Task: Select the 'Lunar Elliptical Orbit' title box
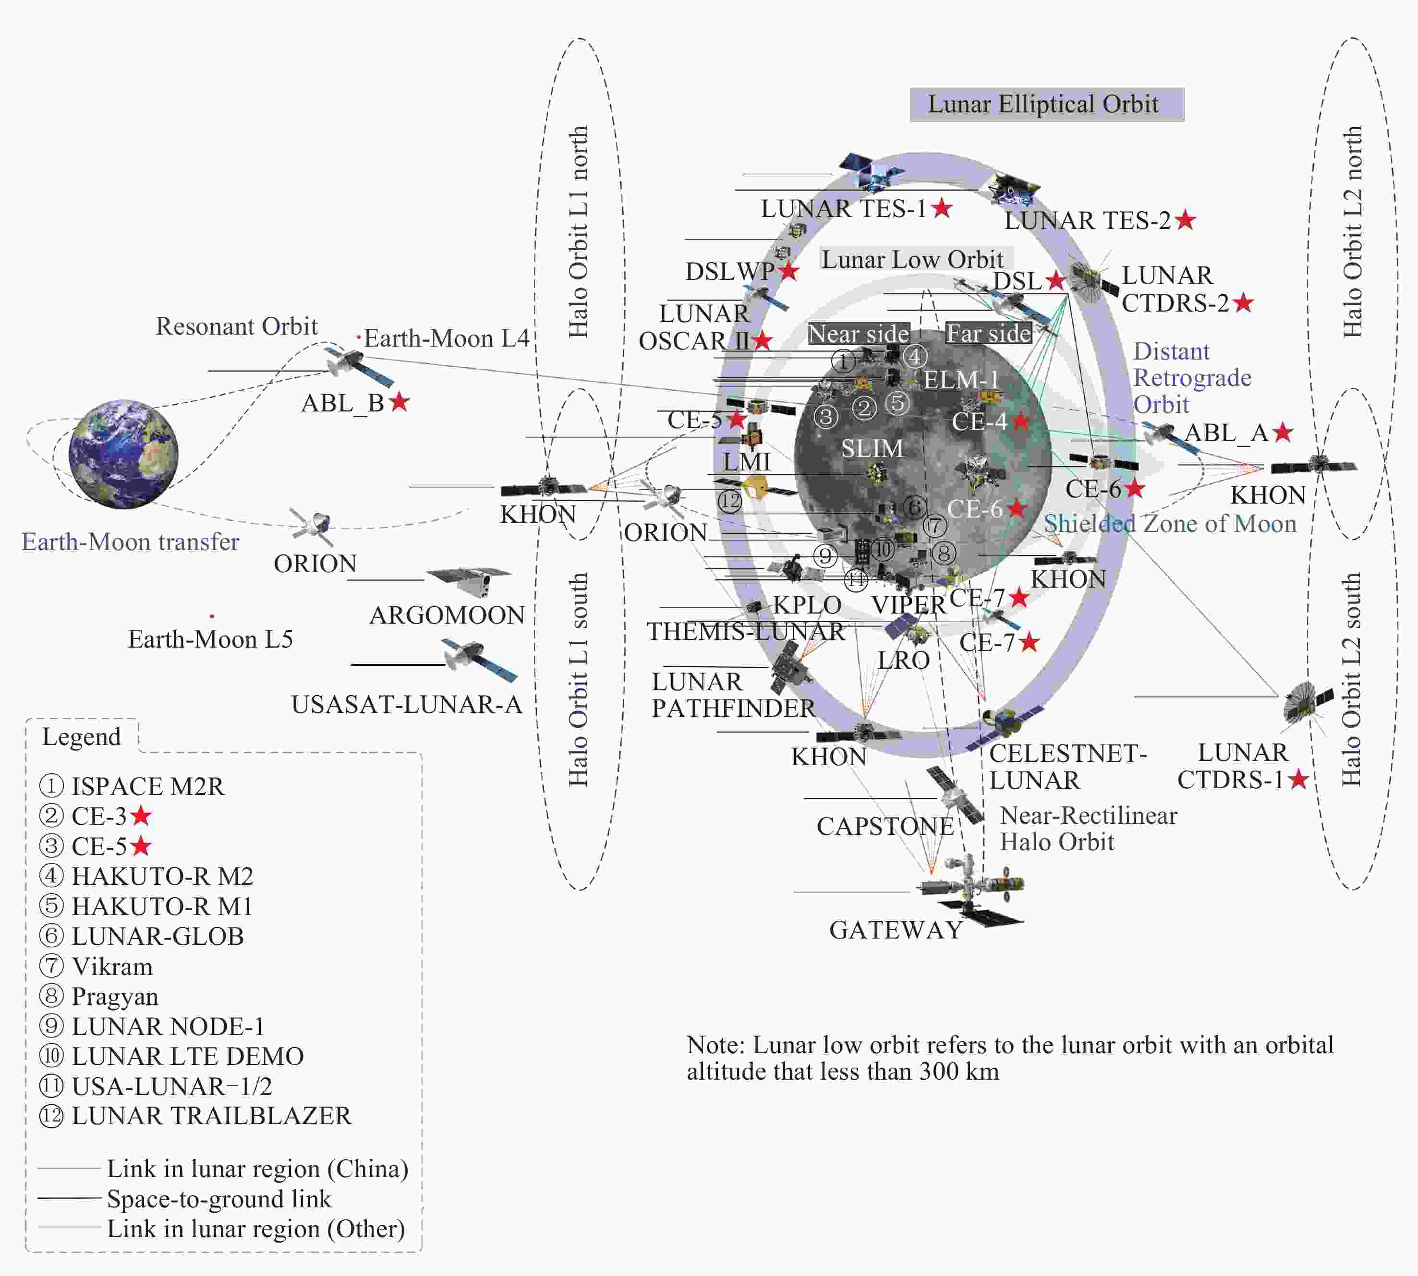pos(1046,105)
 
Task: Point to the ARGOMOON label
pos(447,615)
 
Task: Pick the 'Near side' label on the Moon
pos(859,334)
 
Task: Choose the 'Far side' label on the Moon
pos(988,333)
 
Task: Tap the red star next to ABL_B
pos(399,402)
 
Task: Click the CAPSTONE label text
pos(885,827)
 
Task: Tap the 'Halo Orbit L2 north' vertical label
pos(1352,231)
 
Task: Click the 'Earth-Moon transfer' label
pos(131,542)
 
